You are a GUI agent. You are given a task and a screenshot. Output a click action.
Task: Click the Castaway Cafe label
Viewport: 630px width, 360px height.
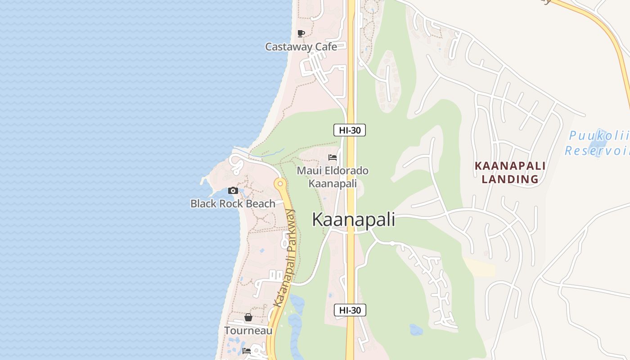coord(301,46)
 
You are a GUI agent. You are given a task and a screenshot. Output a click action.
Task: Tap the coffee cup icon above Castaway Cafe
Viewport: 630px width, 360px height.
coord(301,33)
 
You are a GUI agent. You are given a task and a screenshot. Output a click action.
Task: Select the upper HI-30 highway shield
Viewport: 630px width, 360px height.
coord(349,130)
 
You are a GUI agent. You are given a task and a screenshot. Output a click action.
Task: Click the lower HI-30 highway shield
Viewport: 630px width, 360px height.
coord(350,310)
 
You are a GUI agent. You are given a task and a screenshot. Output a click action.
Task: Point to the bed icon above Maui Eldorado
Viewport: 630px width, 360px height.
coord(333,157)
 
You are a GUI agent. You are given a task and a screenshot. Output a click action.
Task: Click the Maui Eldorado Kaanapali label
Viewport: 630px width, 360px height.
coord(333,177)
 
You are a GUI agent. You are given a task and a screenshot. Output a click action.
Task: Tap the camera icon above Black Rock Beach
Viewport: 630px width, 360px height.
coord(233,190)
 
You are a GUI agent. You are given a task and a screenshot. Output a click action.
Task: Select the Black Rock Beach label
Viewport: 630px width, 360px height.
coord(233,203)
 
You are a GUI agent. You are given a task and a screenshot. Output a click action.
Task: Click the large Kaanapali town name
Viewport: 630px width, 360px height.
coord(353,220)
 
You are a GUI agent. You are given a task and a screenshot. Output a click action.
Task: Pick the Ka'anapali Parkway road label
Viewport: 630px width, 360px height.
coord(285,259)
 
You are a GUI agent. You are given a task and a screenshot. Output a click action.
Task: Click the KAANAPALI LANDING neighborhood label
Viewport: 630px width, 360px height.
coord(510,172)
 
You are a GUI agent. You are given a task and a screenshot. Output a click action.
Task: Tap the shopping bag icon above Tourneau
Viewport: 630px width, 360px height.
coord(248,318)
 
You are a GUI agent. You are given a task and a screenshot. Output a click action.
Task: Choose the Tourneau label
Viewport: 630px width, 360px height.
coord(248,331)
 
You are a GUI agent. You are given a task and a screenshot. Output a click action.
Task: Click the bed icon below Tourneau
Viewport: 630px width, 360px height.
coord(247,351)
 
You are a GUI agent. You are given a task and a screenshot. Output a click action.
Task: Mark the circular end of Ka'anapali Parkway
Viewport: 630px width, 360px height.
coord(280,184)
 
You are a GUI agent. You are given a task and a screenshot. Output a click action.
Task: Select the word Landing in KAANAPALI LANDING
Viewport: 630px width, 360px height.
coord(510,179)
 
